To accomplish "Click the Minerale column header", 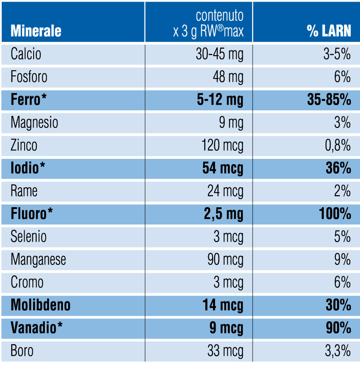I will (36, 31).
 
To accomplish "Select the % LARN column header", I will (329, 31).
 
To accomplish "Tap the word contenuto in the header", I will (219, 16).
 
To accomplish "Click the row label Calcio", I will (26, 54).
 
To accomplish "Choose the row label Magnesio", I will (34, 123).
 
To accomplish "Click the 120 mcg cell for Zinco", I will (222, 146).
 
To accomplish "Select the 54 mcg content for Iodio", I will (222, 168).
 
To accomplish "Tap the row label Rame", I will (24, 191).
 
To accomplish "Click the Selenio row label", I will (28, 237).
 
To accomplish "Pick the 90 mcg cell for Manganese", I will (225, 260).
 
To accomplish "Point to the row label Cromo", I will (27, 283).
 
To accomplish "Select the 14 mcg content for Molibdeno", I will (223, 305).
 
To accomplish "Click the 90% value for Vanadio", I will (338, 328).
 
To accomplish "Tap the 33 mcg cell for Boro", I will (225, 351).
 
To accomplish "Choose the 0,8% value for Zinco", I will (338, 146).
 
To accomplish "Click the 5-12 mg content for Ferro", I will (220, 100).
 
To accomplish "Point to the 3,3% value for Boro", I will (338, 351).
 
